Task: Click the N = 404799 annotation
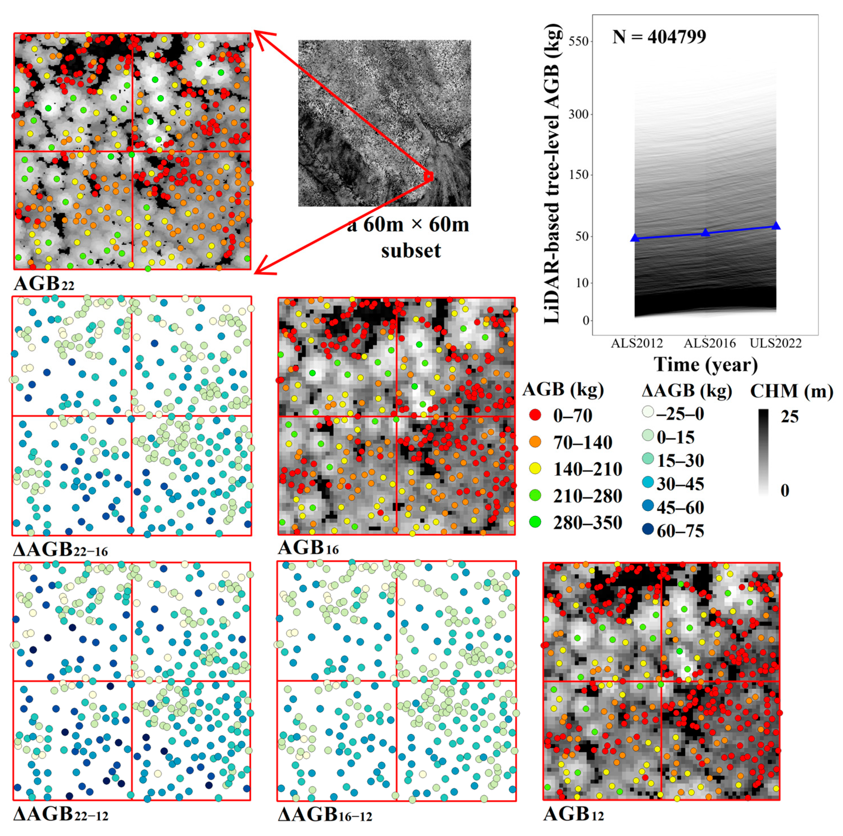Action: (x=659, y=37)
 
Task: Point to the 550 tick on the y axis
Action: (x=579, y=41)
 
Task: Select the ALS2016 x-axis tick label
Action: (x=709, y=343)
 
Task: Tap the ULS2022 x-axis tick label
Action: (x=775, y=343)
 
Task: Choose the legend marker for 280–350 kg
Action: (x=535, y=522)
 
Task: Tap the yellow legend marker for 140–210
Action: (x=535, y=469)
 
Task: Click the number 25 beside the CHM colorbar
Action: (x=789, y=417)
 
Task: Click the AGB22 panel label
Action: (x=44, y=284)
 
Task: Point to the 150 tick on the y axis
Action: (x=579, y=175)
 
